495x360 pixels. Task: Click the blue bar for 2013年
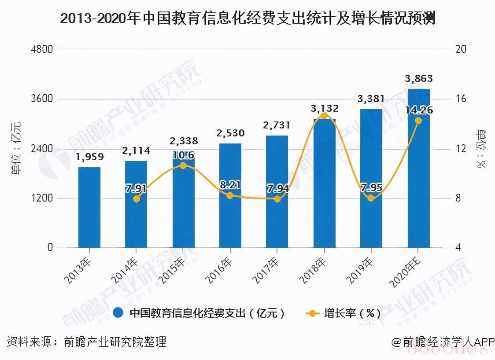tap(89, 207)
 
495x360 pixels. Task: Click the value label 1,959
tap(89, 157)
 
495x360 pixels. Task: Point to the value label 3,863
tap(418, 79)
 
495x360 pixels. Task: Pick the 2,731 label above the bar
tap(277, 125)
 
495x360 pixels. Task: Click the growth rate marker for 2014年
tap(136, 199)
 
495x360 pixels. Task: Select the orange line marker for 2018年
tap(324, 115)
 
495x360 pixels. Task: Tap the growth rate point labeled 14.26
tap(418, 121)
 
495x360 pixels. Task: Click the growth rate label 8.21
tap(230, 185)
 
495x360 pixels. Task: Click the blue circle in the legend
tap(118, 313)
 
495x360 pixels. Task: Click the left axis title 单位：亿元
tap(16, 148)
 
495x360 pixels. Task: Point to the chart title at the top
tap(247, 19)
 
